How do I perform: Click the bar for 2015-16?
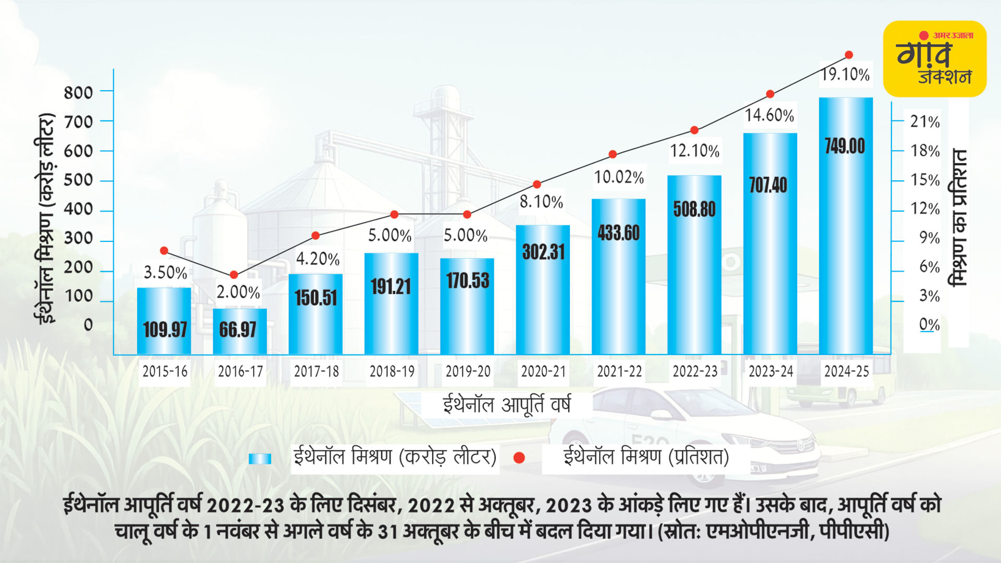pos(164,321)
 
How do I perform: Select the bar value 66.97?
pos(238,329)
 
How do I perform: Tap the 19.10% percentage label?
pos(845,75)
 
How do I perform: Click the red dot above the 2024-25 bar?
pos(849,55)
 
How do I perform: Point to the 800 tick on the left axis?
pos(78,93)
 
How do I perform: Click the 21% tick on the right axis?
pos(925,121)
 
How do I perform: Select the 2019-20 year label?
pos(468,371)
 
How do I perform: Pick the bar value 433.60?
pos(618,232)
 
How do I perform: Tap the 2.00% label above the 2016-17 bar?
pos(238,292)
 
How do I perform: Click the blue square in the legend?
pos(260,458)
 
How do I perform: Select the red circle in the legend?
pos(519,458)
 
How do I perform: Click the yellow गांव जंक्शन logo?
pos(934,59)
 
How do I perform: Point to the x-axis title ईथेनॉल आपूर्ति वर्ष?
pos(506,405)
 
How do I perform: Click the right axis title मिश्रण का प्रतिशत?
pos(959,218)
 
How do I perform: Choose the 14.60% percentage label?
pos(769,115)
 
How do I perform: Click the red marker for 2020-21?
pos(537,185)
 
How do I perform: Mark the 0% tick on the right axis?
pos(929,324)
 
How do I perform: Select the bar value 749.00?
pos(845,146)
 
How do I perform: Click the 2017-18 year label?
pos(316,371)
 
